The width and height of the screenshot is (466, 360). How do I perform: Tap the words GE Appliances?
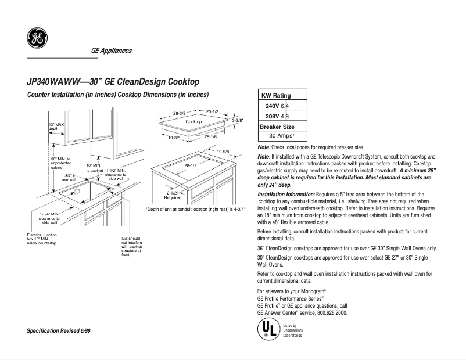point(111,51)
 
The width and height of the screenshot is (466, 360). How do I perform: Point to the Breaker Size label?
point(277,126)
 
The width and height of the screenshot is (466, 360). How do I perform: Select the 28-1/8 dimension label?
point(211,137)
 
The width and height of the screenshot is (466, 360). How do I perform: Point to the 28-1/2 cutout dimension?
point(191,165)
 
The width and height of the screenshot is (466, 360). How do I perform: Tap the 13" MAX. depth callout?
point(57,127)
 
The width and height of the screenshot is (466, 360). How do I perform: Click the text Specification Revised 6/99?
point(59,330)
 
